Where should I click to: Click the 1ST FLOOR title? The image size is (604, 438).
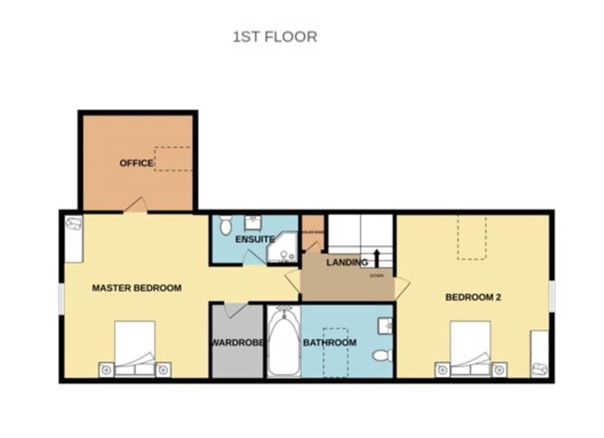click(275, 37)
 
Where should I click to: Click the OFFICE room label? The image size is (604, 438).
click(137, 163)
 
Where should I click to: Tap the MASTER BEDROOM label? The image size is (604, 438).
click(137, 288)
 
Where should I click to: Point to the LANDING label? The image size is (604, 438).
click(347, 263)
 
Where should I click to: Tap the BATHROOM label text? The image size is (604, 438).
click(329, 343)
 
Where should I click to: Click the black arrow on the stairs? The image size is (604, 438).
click(376, 256)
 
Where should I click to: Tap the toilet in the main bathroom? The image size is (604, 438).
click(382, 353)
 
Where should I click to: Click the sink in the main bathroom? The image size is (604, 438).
click(387, 324)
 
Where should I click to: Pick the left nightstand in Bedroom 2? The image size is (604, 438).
click(442, 368)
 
